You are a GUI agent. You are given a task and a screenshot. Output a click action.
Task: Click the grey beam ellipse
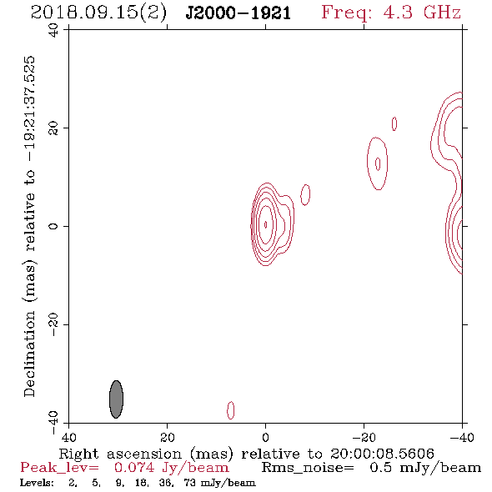(116, 399)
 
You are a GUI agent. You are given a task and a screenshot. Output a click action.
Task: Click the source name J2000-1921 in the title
(238, 13)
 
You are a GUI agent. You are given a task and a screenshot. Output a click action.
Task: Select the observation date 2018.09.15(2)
(98, 13)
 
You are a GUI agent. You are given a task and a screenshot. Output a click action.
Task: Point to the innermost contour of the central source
(266, 224)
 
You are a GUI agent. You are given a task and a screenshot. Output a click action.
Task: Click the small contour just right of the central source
(305, 195)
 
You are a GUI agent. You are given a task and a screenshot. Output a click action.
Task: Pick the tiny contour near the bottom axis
(231, 410)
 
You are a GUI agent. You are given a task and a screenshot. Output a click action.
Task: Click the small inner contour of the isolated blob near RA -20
(378, 163)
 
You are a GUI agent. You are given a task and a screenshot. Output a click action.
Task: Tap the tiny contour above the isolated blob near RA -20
(394, 123)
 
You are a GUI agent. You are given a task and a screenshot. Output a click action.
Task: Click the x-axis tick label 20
(167, 437)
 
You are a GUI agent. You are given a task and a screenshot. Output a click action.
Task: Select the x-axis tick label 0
(265, 437)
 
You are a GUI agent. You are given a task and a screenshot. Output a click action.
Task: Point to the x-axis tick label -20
(364, 437)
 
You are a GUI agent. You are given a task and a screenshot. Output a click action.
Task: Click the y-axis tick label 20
(53, 128)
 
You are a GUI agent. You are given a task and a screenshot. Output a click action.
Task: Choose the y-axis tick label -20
(53, 324)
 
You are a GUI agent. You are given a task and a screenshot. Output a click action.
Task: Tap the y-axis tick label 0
(53, 226)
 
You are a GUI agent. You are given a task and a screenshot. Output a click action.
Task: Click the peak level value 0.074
(134, 468)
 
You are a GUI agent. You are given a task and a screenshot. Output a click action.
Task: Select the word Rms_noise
(308, 468)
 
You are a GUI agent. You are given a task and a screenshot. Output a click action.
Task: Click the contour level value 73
(190, 482)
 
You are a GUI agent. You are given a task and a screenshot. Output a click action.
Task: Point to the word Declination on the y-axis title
(29, 354)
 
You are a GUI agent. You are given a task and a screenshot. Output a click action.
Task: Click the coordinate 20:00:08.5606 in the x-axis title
(382, 454)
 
